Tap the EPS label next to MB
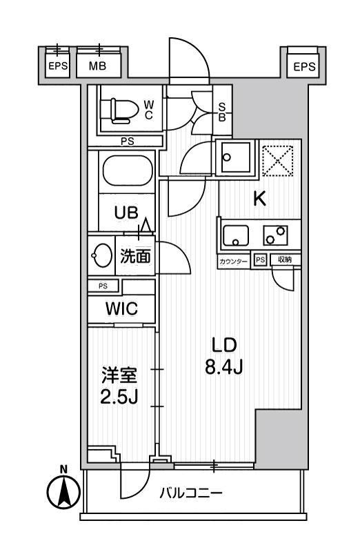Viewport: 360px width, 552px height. pos(57,68)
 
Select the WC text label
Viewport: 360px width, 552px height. pos(148,110)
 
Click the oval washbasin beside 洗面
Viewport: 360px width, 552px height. pos(101,256)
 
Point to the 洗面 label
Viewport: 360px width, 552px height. pos(135,257)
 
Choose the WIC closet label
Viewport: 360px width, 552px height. pos(121,309)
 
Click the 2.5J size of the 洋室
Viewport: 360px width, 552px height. pos(121,399)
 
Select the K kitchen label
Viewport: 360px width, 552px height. pos(259,199)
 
